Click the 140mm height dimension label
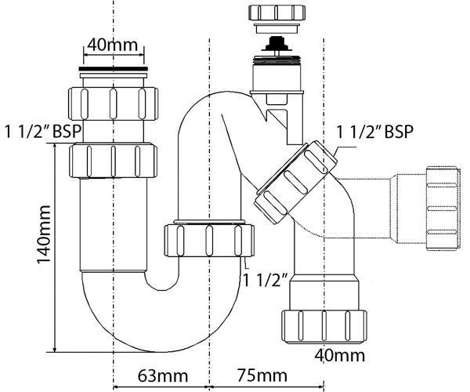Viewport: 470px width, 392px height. click(43, 234)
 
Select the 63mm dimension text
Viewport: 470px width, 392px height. click(163, 376)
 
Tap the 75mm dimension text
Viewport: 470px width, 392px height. click(262, 376)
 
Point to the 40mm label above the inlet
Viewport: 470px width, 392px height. click(112, 45)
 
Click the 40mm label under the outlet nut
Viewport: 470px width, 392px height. click(340, 356)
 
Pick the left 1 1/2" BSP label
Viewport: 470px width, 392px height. click(43, 132)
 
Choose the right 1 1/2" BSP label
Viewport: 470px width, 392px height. click(375, 132)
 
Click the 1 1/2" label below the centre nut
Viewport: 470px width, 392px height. click(266, 280)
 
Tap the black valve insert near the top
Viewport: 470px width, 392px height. click(276, 44)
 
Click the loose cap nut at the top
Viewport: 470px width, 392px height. click(277, 13)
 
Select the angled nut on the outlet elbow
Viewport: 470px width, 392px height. click(295, 183)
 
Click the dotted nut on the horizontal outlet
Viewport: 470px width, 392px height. click(443, 208)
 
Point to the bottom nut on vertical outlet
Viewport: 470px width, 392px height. click(324, 326)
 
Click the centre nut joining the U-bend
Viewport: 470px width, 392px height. click(209, 240)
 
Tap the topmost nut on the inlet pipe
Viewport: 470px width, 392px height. click(113, 103)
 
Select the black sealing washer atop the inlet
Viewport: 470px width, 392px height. click(114, 69)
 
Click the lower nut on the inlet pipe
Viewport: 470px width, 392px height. click(113, 161)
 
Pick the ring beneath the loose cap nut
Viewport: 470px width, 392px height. click(277, 28)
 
